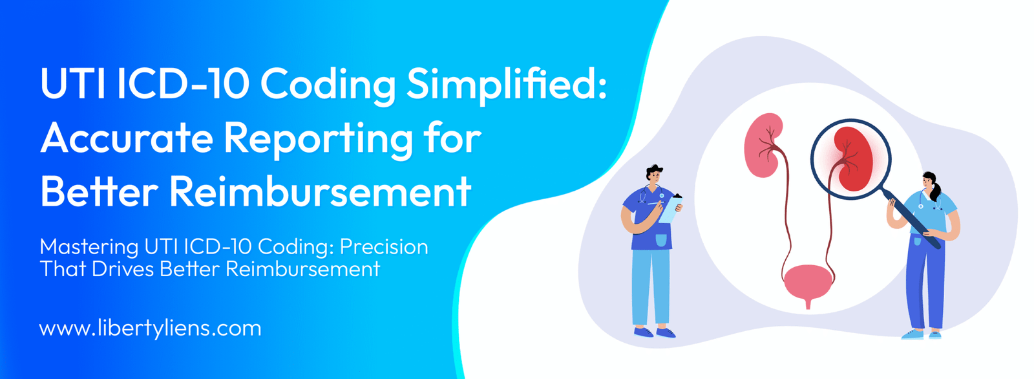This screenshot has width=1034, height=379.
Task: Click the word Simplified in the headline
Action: click(507, 84)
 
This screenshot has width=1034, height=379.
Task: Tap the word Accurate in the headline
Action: click(126, 138)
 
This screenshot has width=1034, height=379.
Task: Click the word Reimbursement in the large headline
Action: click(321, 191)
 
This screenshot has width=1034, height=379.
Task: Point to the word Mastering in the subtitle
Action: click(89, 247)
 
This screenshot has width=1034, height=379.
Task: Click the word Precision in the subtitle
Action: click(384, 246)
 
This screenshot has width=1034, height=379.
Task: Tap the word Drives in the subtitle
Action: click(122, 268)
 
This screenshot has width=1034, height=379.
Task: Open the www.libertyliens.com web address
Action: click(151, 329)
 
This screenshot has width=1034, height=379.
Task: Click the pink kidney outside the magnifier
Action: click(764, 146)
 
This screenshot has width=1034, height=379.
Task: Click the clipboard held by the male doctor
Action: click(670, 210)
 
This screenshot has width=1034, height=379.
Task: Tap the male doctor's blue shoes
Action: click(655, 332)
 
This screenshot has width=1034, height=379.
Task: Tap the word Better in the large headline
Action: click(100, 191)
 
